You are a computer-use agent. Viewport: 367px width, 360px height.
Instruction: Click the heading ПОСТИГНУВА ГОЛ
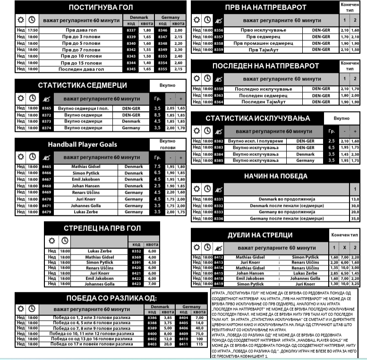pos(101,7)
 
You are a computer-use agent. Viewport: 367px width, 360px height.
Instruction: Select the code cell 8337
pos(131,30)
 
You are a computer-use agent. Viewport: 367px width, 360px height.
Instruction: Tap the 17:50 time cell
pos(33,30)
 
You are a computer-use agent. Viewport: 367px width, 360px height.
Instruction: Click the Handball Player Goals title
pos(82,144)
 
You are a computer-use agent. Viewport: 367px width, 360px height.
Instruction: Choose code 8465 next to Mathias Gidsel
pos(46,167)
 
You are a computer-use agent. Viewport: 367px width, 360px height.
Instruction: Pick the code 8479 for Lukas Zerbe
pos(46,212)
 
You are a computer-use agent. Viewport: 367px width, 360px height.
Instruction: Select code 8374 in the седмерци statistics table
pos(46,128)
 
